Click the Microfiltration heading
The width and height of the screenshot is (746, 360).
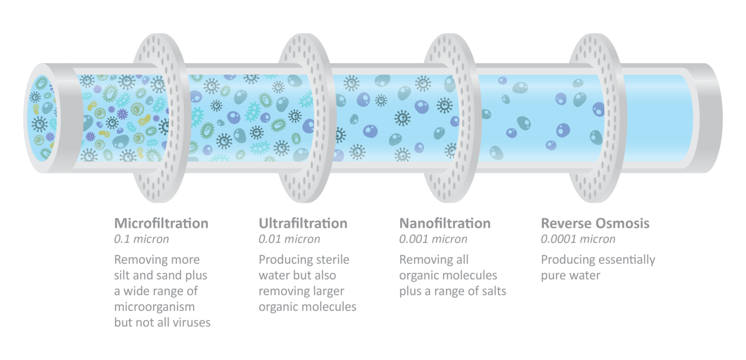coord(161,223)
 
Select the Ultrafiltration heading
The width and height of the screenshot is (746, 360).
coord(303,223)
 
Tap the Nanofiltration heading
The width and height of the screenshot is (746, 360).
coord(444,223)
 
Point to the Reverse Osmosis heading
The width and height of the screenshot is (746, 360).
coord(595,223)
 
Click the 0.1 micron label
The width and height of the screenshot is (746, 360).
coord(141,239)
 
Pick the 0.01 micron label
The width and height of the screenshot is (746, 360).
coord(289,239)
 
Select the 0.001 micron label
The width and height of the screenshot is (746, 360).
coord(433,239)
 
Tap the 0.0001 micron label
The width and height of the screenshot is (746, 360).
coord(578,239)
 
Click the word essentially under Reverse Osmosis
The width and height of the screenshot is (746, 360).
coord(627,259)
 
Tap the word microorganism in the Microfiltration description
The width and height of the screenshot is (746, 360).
coord(154,307)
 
